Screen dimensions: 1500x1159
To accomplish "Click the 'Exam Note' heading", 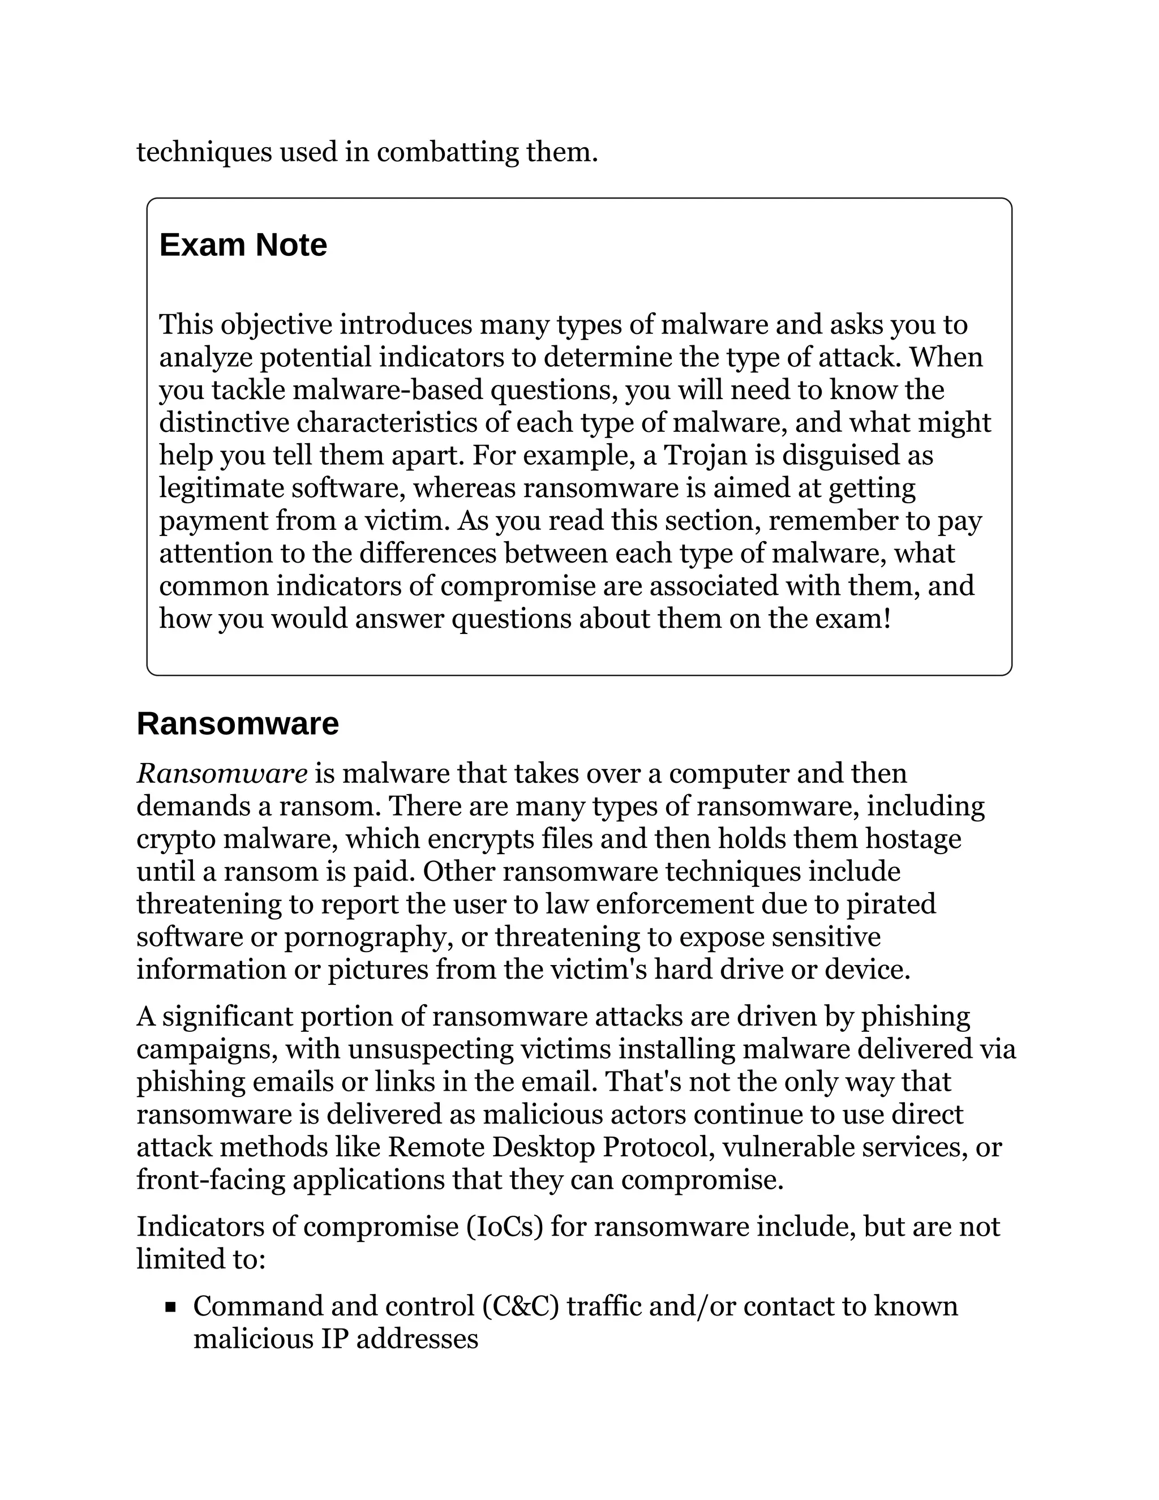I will (x=243, y=245).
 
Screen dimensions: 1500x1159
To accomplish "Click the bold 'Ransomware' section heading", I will (x=238, y=724).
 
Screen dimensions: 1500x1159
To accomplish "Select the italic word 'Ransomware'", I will (x=222, y=774).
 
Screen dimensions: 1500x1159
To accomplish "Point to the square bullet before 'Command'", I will (x=171, y=1307).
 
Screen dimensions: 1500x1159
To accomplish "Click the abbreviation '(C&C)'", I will (x=521, y=1306).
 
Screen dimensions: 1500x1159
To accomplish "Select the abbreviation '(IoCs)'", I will (x=505, y=1227).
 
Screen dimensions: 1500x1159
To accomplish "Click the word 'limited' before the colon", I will (x=174, y=1259).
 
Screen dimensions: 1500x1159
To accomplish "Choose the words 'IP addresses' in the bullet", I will (x=400, y=1339).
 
